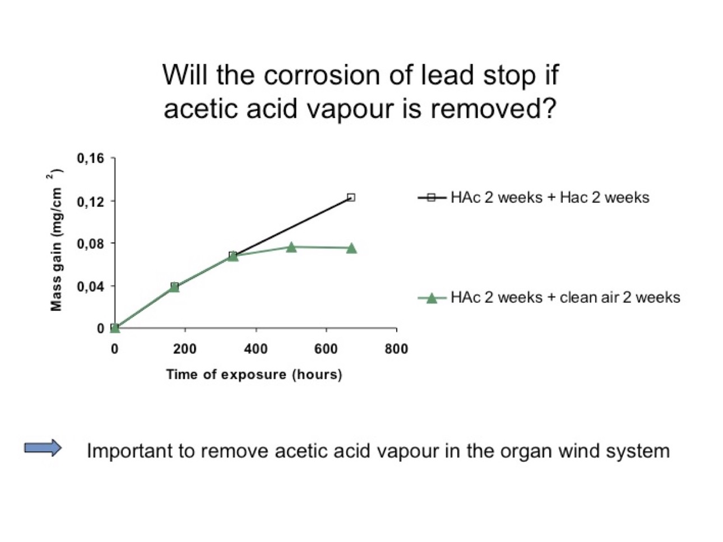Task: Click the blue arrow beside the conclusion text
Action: (43, 448)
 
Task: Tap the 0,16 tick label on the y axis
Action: (90, 158)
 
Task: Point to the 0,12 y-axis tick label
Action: (90, 202)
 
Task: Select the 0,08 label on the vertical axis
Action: (90, 244)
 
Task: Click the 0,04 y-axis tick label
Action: (90, 287)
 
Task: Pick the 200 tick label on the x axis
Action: (185, 349)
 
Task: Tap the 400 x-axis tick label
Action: (256, 349)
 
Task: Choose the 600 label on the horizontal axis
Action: (326, 349)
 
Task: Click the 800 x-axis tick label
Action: (397, 349)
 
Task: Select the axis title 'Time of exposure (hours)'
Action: (254, 375)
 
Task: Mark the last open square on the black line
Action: (351, 198)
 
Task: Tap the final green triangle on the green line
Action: (351, 248)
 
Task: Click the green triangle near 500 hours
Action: (291, 247)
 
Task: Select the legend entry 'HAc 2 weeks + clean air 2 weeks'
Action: (549, 297)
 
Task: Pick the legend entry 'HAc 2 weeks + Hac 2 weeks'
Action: (534, 198)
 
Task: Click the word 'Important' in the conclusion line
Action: (131, 451)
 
